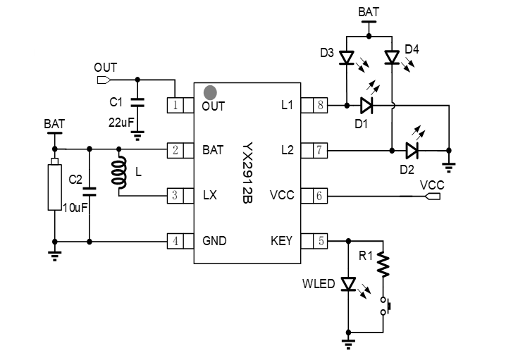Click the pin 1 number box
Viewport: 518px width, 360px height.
[x=174, y=106]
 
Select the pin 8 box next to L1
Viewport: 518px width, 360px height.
[x=320, y=106]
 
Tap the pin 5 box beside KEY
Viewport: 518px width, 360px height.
[x=320, y=240]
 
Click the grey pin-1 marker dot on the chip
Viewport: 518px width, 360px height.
[x=209, y=92]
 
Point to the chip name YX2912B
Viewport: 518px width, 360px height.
[x=248, y=173]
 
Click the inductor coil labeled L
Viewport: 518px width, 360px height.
[x=119, y=173]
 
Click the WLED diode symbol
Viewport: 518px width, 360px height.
[x=347, y=284]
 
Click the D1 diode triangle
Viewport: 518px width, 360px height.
[x=366, y=106]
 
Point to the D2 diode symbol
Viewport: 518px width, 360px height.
[x=412, y=149]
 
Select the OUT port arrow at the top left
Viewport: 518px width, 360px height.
[x=104, y=79]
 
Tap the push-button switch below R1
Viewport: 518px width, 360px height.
[x=386, y=306]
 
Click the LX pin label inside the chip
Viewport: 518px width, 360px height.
[x=209, y=196]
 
